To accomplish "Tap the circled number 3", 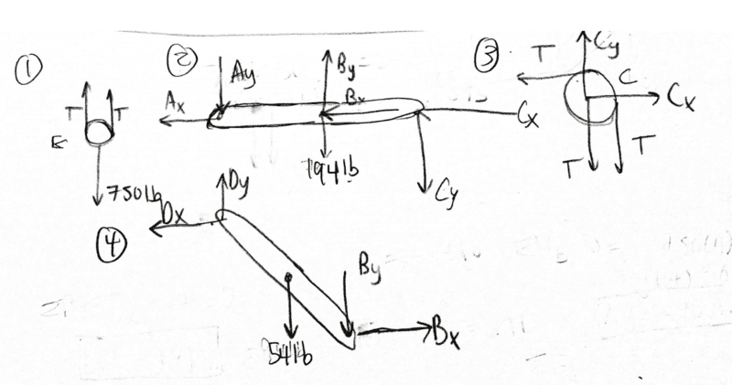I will click(x=486, y=57).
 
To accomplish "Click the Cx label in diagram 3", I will click(x=681, y=97).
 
